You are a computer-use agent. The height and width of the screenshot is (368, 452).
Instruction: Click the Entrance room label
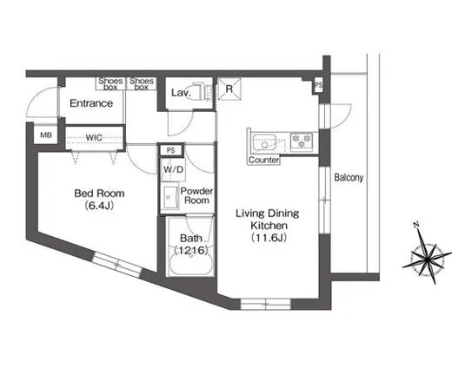click(x=91, y=103)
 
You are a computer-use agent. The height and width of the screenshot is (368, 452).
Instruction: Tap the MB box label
click(x=44, y=135)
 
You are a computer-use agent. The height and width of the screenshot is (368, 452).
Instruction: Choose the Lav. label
click(x=181, y=91)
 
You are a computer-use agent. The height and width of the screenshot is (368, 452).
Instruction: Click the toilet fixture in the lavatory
click(x=199, y=91)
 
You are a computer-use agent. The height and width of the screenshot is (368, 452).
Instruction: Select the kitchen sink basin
click(x=263, y=141)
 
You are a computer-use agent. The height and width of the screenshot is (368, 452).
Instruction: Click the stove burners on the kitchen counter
click(x=301, y=139)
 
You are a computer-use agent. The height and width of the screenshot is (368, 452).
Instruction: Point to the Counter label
click(x=263, y=161)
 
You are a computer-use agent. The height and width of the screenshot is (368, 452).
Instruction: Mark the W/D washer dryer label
click(x=171, y=169)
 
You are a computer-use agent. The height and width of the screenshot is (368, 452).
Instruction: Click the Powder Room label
click(x=197, y=196)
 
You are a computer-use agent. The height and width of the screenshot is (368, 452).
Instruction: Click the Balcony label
click(x=348, y=178)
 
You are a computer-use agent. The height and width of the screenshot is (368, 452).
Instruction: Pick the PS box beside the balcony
click(x=318, y=86)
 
